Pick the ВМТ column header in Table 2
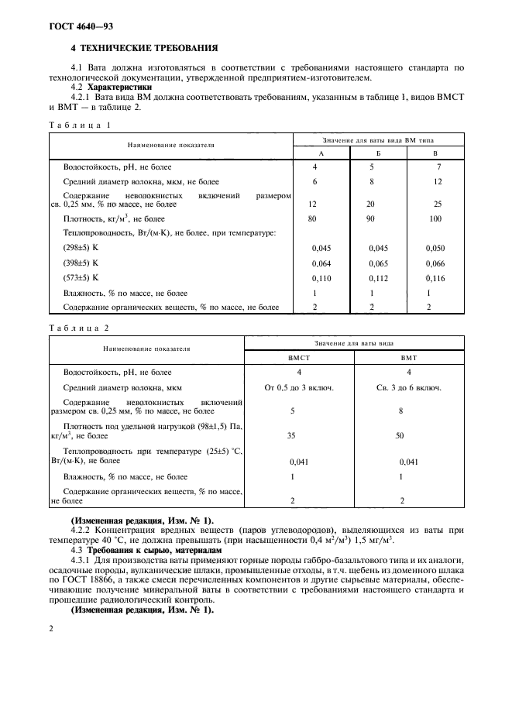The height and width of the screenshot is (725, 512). click(x=408, y=359)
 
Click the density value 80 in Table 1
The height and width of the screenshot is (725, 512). click(x=314, y=219)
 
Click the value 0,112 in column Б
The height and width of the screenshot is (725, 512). click(x=378, y=277)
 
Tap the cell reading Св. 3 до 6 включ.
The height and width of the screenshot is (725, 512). click(x=408, y=387)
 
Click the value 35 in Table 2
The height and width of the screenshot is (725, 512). click(x=291, y=435)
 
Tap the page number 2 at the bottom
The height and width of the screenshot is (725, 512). click(x=52, y=629)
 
